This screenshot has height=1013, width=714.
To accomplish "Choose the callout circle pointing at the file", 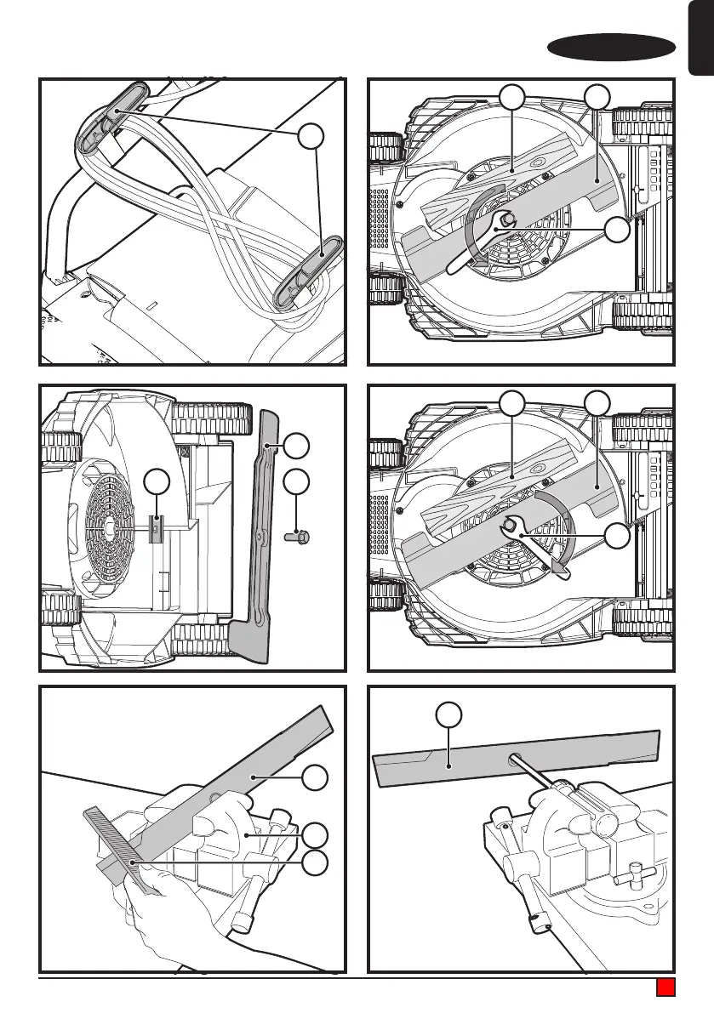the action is pos(316,862).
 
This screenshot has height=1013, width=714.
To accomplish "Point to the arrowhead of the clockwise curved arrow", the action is pos(559,566).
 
